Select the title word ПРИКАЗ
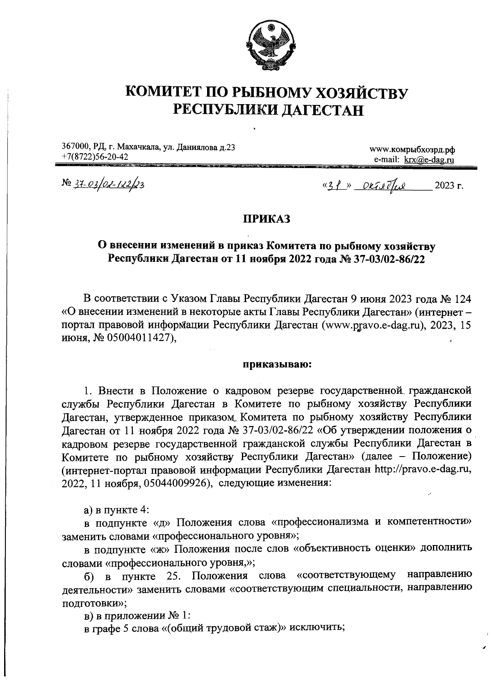(x=267, y=219)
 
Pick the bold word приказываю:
(x=278, y=364)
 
